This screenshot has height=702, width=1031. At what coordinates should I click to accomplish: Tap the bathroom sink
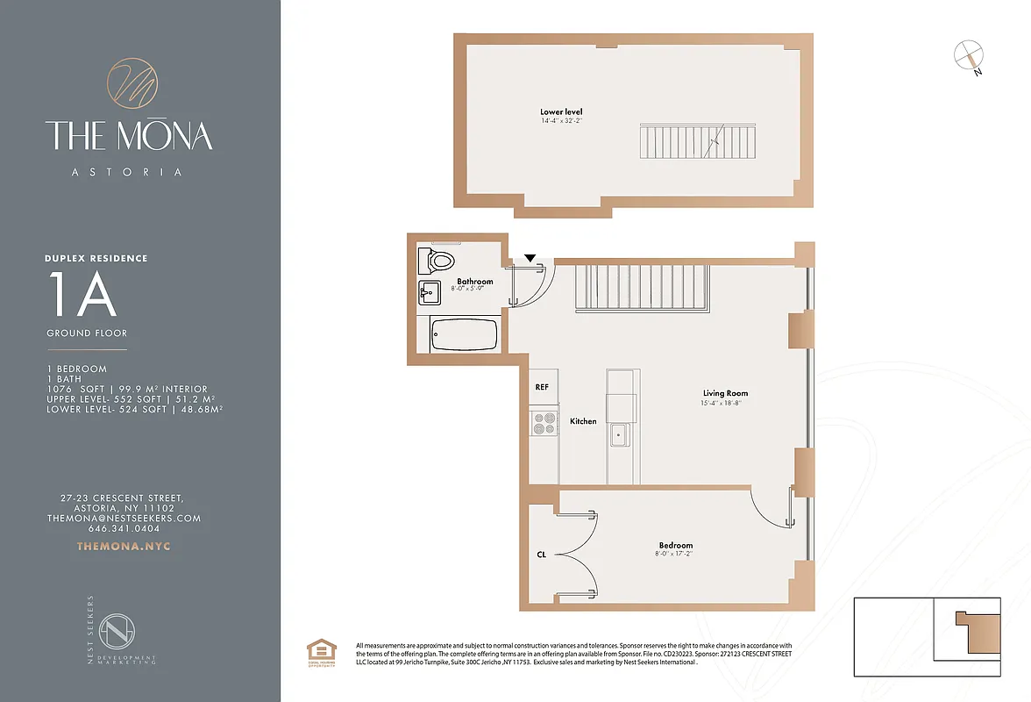pos(430,292)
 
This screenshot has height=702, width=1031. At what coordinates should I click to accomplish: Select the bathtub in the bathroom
pos(464,334)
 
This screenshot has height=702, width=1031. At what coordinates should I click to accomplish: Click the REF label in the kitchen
pos(542,387)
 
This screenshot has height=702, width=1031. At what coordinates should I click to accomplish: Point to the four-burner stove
pos(544,424)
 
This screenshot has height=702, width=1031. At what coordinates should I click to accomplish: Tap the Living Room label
pos(725,394)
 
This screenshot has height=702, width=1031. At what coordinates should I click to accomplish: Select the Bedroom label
pos(675,546)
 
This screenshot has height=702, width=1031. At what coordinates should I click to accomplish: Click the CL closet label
pos(541,555)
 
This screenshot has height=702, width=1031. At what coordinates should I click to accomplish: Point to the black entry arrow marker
pos(530,258)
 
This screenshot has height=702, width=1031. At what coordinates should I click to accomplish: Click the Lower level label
pos(561,112)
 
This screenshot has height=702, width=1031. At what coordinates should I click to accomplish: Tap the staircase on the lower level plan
pos(698,140)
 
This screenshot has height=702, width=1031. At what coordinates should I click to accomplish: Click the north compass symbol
pos(968,56)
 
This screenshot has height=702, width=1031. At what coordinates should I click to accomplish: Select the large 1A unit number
pos(82,297)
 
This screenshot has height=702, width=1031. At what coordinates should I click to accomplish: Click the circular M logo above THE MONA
pos(132,83)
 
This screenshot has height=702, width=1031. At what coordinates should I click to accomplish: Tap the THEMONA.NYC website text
pos(124,546)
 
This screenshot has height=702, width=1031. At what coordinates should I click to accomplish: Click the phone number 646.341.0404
pos(124,528)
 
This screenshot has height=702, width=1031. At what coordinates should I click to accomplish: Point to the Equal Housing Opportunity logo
pos(317,653)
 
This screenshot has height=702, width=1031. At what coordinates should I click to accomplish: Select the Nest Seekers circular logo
pos(116,632)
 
